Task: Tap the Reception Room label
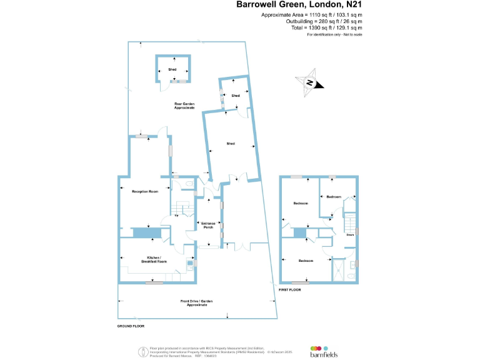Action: tap(144, 191)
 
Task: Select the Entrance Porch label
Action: tap(208, 225)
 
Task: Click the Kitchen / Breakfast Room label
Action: tap(154, 259)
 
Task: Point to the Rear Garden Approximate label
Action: tap(184, 106)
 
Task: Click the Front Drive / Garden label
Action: tap(197, 303)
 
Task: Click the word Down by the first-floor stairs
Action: tap(350, 236)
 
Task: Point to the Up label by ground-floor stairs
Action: tap(177, 216)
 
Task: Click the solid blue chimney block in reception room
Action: tap(147, 232)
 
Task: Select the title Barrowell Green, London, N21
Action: tap(299, 4)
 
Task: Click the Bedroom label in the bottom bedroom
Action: tap(306, 261)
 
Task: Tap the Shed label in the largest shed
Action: tap(231, 144)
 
